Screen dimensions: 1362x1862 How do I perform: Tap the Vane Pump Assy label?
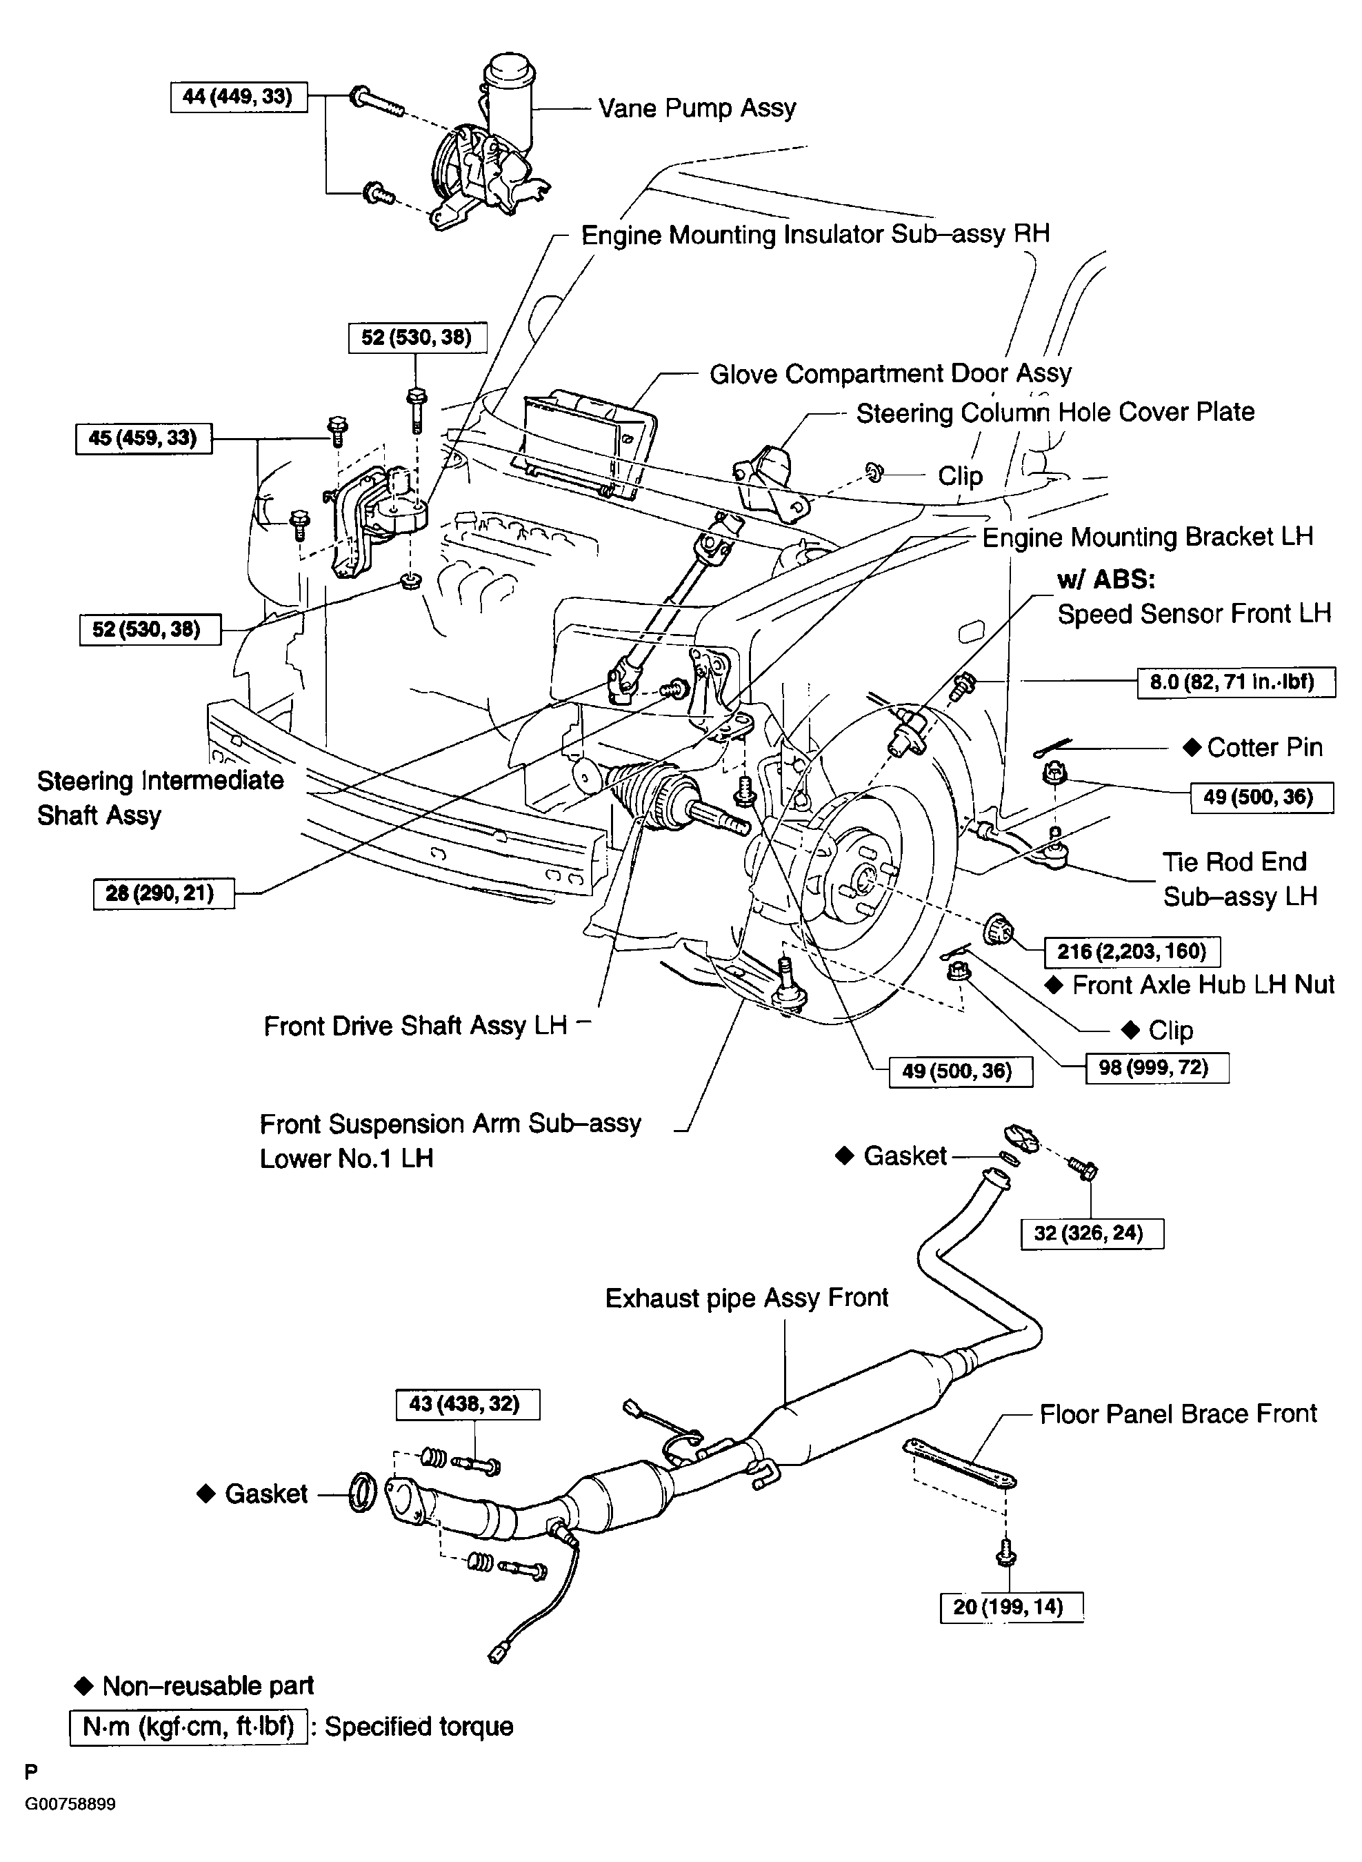pyautogui.click(x=697, y=108)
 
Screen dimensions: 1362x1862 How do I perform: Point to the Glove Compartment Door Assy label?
pyautogui.click(x=890, y=373)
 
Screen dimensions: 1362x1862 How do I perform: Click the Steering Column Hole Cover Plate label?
pyautogui.click(x=1055, y=413)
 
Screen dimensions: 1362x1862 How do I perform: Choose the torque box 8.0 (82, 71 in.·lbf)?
pyautogui.click(x=1236, y=683)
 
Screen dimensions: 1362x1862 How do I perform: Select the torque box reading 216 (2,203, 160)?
pyautogui.click(x=1132, y=951)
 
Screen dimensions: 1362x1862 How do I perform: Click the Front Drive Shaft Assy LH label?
pyautogui.click(x=416, y=1025)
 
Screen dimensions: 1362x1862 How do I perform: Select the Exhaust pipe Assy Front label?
pyautogui.click(x=747, y=1297)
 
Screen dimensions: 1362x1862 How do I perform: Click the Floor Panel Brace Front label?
pyautogui.click(x=1178, y=1414)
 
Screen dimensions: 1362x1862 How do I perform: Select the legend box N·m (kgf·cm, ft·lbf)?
pyautogui.click(x=189, y=1726)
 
